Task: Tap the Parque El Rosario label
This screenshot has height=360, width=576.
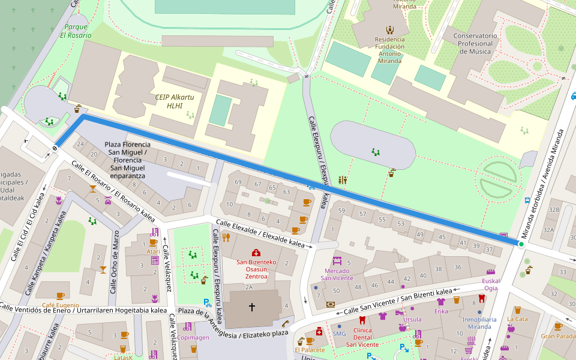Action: [76, 31]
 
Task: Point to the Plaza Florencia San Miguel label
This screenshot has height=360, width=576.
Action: [127, 160]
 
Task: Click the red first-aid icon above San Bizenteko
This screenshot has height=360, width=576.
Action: [256, 253]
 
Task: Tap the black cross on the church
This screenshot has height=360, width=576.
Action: [252, 307]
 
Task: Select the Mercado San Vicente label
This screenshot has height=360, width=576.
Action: [337, 274]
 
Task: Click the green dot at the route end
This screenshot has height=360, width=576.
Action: [521, 244]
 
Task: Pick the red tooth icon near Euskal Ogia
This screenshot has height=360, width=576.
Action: [481, 298]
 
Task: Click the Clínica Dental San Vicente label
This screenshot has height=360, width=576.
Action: [362, 338]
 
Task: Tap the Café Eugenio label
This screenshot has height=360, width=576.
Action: [60, 305]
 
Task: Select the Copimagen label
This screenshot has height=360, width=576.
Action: [193, 338]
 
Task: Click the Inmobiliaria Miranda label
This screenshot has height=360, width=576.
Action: [479, 323]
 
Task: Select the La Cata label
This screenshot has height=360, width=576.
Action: [517, 319]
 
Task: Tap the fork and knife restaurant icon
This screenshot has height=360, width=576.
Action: [226, 238]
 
